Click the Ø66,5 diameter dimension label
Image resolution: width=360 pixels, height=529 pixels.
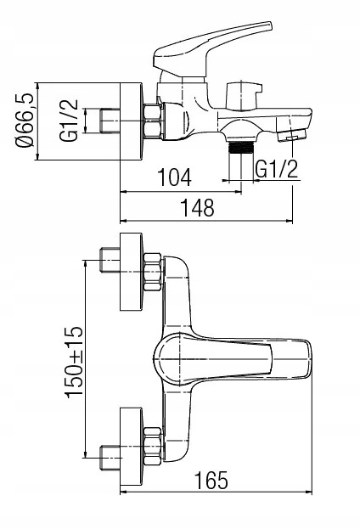25,121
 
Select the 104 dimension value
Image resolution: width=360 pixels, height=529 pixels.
174,177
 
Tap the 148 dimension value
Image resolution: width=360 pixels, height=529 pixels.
198,207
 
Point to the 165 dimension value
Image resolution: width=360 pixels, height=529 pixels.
211,480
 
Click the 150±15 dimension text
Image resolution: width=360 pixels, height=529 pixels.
73,363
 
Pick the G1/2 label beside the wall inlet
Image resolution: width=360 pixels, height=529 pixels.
69,121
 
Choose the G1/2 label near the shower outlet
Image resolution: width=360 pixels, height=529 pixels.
277,169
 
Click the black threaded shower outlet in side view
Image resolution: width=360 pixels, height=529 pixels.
240,147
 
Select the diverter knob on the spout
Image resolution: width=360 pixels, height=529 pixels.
244,95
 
